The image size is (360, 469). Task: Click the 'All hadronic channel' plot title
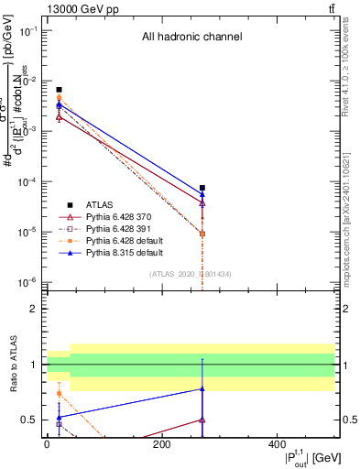191,38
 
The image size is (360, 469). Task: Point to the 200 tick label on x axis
161,444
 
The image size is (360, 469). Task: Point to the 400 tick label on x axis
277,444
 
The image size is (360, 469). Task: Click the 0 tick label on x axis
47,444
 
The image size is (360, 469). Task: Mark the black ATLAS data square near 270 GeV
202,188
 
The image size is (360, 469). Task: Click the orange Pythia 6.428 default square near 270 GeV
202,234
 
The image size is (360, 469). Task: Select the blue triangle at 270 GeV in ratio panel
202,389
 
